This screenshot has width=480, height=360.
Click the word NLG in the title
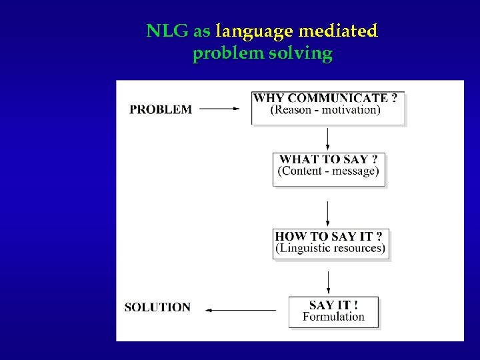167,31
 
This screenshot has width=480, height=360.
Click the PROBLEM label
161,109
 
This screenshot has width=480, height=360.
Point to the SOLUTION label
157,307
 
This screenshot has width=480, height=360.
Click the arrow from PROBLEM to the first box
219,109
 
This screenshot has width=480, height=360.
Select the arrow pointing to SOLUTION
240,310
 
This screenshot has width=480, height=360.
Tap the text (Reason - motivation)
325,110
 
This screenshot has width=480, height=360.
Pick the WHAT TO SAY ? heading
329,159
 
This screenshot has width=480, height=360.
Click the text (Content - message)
329,171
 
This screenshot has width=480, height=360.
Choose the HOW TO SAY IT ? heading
329,236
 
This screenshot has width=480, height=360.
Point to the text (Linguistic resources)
330,248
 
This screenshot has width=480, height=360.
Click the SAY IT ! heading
333,305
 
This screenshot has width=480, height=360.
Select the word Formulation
333,317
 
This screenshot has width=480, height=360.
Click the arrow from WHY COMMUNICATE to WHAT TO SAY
327,139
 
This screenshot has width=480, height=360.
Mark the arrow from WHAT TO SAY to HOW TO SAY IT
327,213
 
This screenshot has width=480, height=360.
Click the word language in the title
255,31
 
